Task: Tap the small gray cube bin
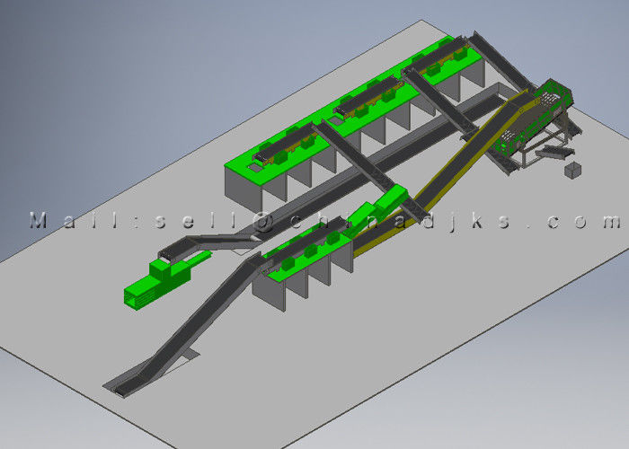(573, 170)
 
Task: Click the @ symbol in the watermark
(262, 221)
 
